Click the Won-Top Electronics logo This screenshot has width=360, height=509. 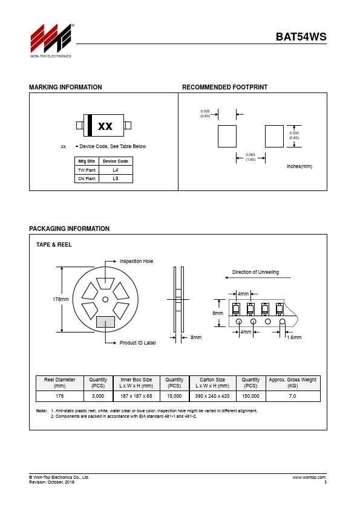(x=51, y=41)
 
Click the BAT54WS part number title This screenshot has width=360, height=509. (x=301, y=37)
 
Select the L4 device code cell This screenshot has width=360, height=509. (x=116, y=170)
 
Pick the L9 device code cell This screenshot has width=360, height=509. (x=116, y=178)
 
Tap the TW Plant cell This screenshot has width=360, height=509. (x=87, y=170)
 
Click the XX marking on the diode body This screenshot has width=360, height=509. (x=105, y=126)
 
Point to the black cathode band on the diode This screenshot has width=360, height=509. (x=90, y=125)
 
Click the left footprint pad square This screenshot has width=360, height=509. (x=227, y=137)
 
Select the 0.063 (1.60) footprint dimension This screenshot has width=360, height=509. (x=250, y=157)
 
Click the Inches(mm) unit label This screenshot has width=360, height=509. (x=299, y=166)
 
